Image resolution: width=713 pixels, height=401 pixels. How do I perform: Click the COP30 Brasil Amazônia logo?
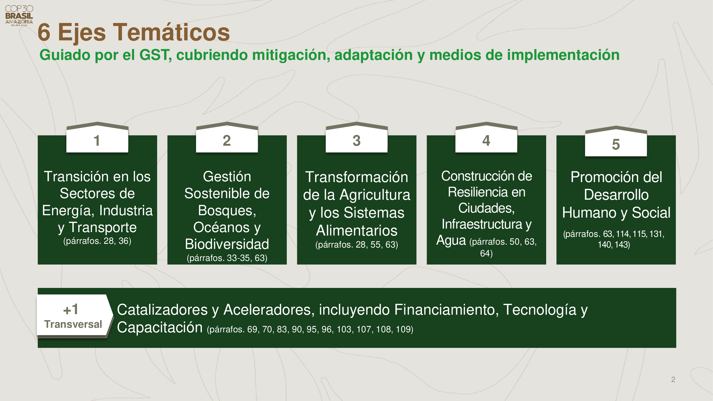tap(19, 16)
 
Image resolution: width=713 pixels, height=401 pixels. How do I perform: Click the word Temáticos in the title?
tap(171, 32)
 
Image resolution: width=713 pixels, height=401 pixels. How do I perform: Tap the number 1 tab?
tap(97, 137)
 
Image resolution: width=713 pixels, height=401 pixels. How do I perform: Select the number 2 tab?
tap(227, 137)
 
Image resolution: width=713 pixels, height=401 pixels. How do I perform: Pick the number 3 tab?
tap(357, 137)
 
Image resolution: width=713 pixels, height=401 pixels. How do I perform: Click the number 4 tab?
tap(486, 137)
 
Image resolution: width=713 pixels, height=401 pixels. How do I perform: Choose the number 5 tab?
tap(616, 141)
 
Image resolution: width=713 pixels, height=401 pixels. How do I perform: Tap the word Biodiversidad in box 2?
tap(227, 244)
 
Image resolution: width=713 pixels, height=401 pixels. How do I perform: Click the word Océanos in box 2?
tap(221, 227)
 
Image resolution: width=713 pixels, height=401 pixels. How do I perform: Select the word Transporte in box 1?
tap(103, 228)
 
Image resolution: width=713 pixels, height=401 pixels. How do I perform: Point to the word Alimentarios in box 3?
tap(357, 230)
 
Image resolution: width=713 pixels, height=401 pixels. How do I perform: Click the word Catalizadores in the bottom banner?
tap(162, 310)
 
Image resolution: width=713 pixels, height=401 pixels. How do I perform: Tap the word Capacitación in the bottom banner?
tap(160, 328)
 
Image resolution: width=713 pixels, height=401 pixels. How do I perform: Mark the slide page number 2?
tap(673, 379)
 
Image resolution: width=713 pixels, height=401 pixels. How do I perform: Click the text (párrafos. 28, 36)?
tap(97, 241)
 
